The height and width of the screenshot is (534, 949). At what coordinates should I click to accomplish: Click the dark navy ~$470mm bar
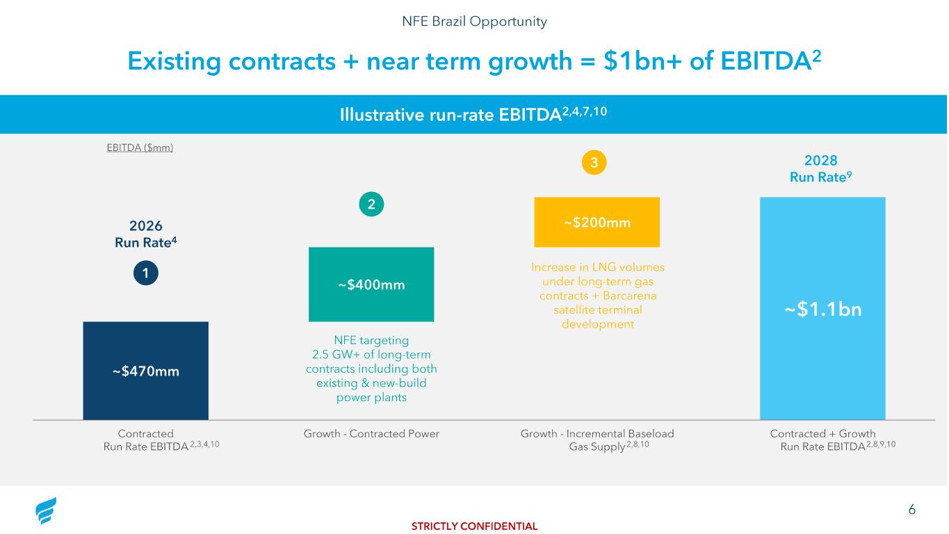tap(145, 371)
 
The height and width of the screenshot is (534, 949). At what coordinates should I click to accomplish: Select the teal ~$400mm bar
tap(371, 284)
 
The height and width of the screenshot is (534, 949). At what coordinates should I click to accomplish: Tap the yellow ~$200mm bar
tap(597, 222)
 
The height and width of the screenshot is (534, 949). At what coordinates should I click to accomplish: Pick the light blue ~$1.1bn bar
tap(822, 309)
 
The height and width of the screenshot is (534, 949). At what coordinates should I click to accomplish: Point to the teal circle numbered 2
tap(371, 204)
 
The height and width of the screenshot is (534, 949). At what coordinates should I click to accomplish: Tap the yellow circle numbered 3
tap(594, 163)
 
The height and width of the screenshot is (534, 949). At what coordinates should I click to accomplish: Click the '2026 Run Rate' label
tap(146, 234)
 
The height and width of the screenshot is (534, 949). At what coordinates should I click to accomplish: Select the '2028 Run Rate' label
tap(820, 168)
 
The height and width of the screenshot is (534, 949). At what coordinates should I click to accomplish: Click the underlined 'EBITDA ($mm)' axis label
tap(138, 147)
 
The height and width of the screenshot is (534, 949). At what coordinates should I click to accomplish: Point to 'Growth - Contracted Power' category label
tap(371, 434)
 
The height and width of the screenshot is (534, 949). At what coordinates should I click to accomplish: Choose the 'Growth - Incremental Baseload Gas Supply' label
tap(597, 439)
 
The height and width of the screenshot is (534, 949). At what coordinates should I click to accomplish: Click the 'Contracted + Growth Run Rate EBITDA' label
tap(823, 439)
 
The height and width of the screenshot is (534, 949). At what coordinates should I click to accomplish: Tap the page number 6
tap(911, 510)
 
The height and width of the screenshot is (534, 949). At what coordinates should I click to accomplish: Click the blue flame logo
tap(46, 512)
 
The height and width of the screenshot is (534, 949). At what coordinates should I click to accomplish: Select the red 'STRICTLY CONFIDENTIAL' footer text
tap(474, 526)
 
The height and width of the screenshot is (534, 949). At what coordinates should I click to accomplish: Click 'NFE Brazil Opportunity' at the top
tap(474, 22)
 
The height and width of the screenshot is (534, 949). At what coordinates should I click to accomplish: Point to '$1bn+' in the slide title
tap(635, 63)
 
